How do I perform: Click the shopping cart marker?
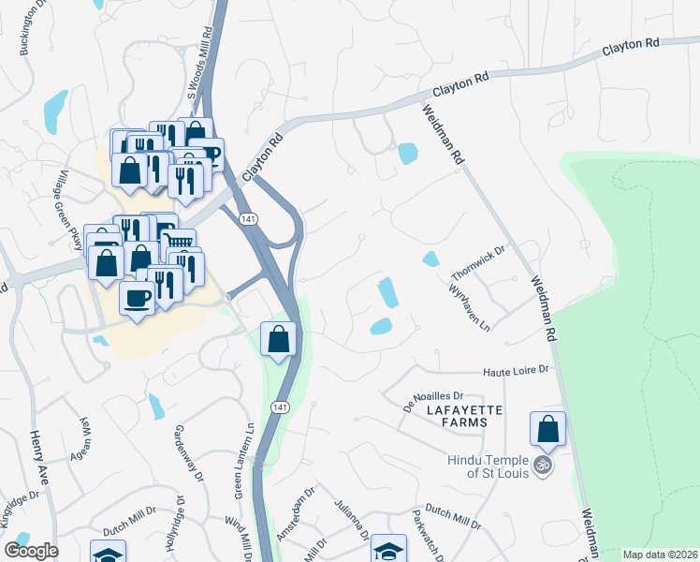180,244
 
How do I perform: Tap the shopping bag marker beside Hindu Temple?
547,429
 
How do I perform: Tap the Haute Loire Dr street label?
515,372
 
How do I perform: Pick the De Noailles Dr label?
433,401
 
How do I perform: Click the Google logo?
31,551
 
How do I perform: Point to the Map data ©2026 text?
659,555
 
